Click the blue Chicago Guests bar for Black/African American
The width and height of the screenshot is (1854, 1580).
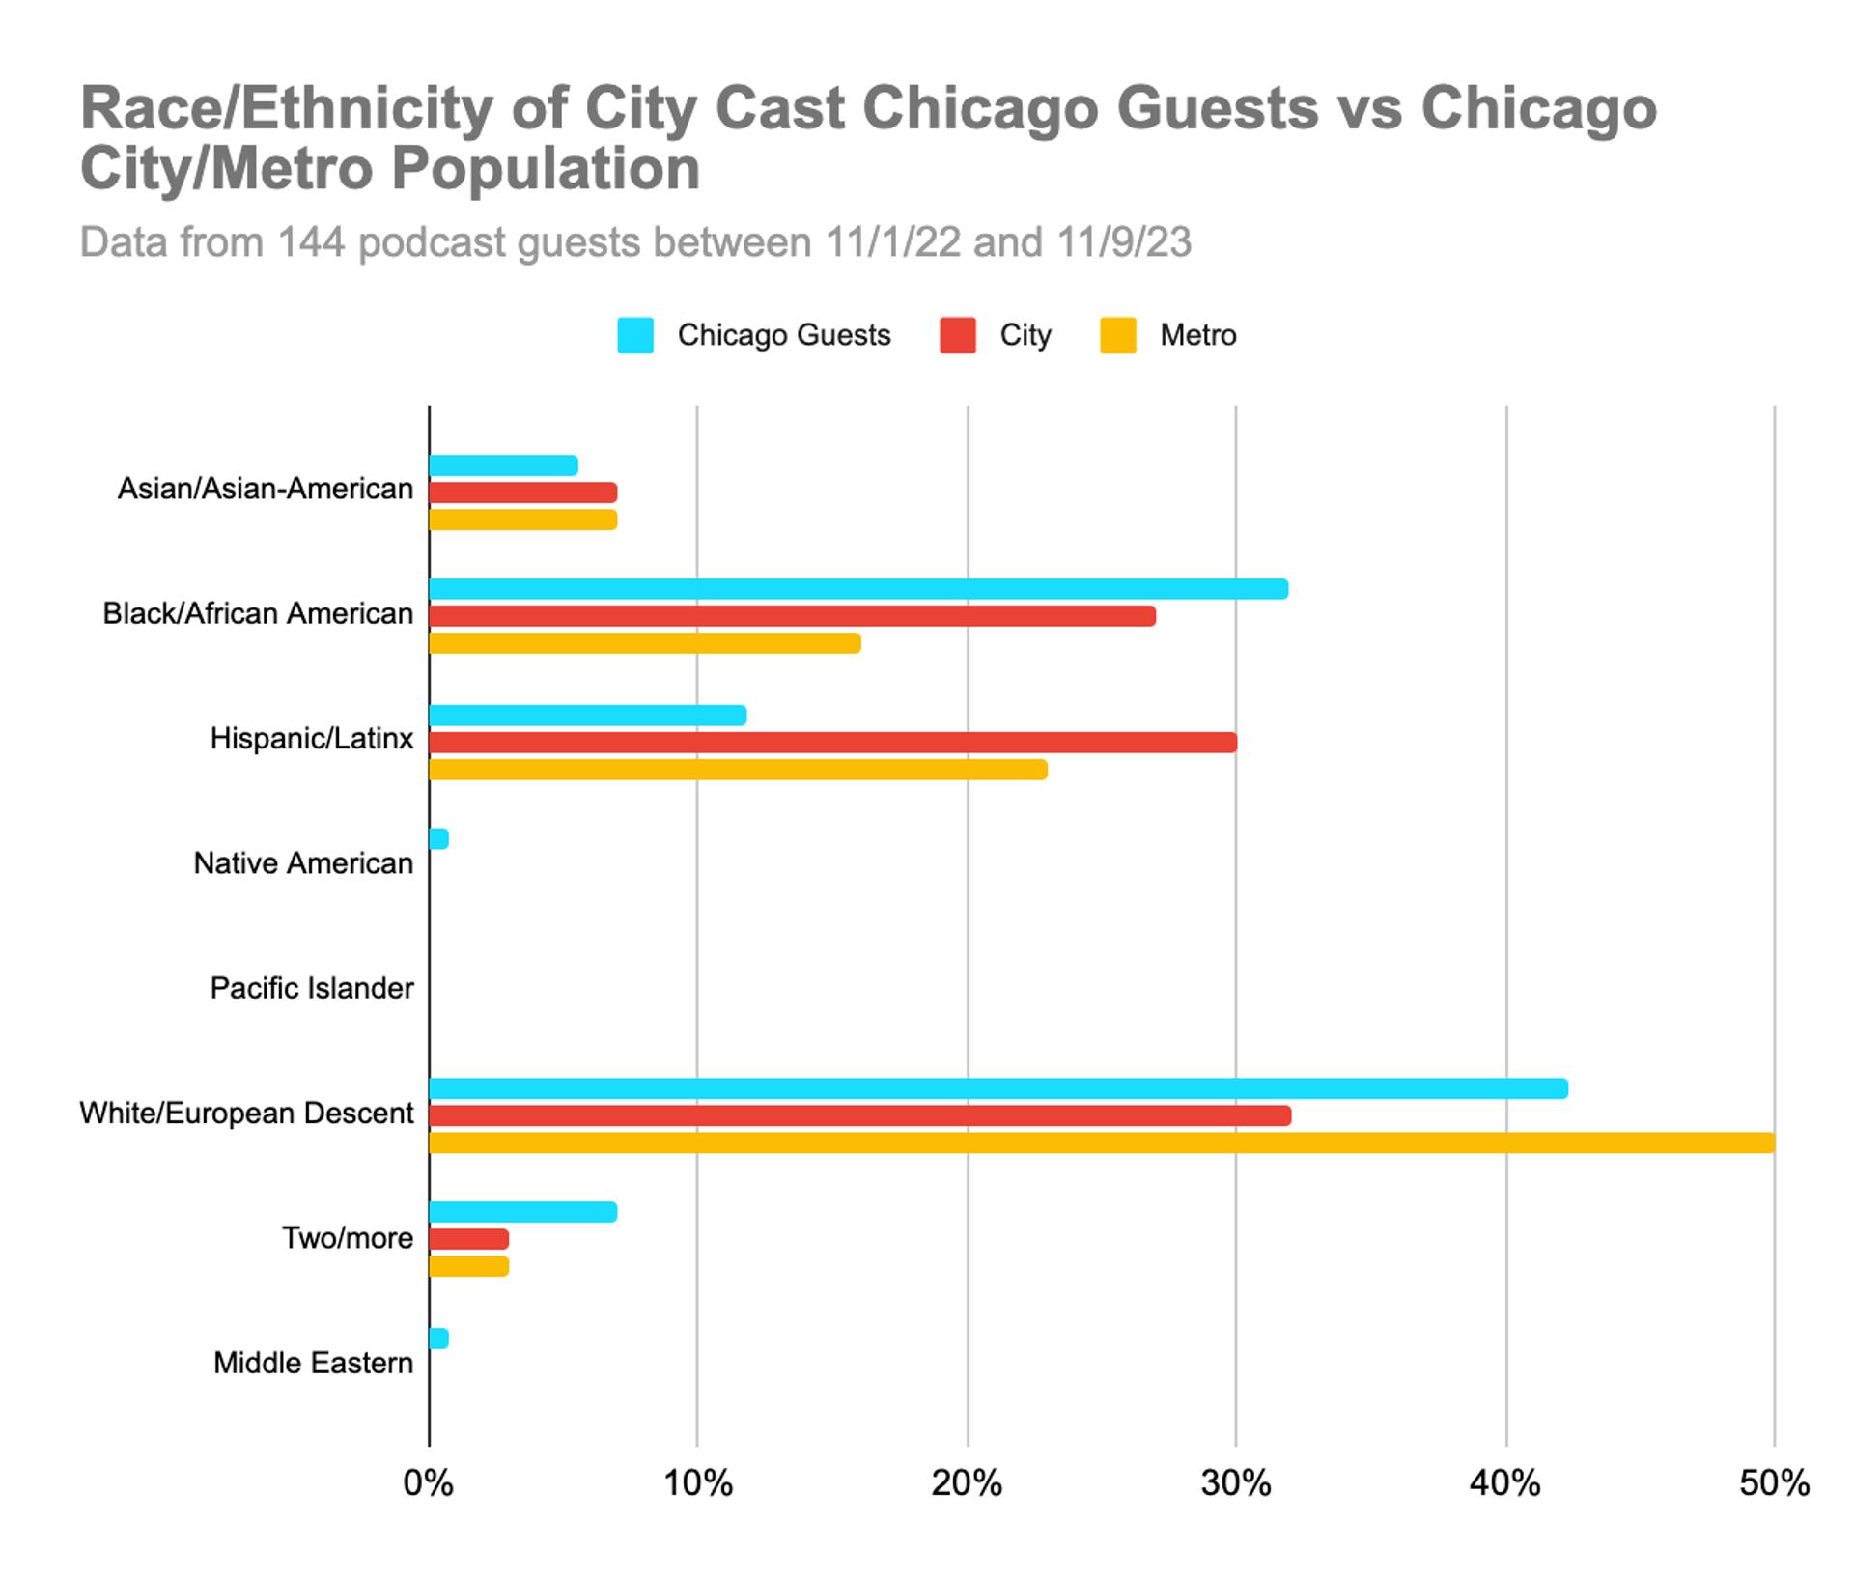click(x=857, y=589)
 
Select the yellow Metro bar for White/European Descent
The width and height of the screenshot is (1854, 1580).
click(x=1101, y=1143)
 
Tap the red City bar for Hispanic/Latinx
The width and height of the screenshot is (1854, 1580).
click(x=832, y=742)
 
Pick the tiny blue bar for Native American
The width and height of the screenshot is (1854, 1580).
click(x=438, y=838)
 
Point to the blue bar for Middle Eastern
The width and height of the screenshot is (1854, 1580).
click(x=438, y=1339)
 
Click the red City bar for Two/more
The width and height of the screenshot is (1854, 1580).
click(x=468, y=1239)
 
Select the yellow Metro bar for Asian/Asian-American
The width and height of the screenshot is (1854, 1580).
click(x=522, y=520)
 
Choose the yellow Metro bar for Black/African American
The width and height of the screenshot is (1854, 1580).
click(x=644, y=643)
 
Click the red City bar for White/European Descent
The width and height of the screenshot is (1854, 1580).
click(x=859, y=1115)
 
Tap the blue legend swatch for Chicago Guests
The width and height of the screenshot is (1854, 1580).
click(x=635, y=335)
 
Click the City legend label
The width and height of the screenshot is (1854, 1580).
click(x=1025, y=335)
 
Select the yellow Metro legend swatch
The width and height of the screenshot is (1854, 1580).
click(x=1118, y=335)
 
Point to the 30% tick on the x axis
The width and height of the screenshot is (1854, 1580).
click(x=1236, y=1482)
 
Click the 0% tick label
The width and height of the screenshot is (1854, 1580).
click(x=428, y=1482)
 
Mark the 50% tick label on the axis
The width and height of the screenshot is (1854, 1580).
click(x=1774, y=1482)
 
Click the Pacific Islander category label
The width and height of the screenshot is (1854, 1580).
click(x=312, y=988)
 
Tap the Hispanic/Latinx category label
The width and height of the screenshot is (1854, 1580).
click(x=312, y=739)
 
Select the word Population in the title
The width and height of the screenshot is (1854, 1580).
click(x=546, y=169)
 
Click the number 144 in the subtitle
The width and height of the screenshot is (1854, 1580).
click(x=311, y=242)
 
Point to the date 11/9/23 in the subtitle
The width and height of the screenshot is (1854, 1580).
click(x=1123, y=242)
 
